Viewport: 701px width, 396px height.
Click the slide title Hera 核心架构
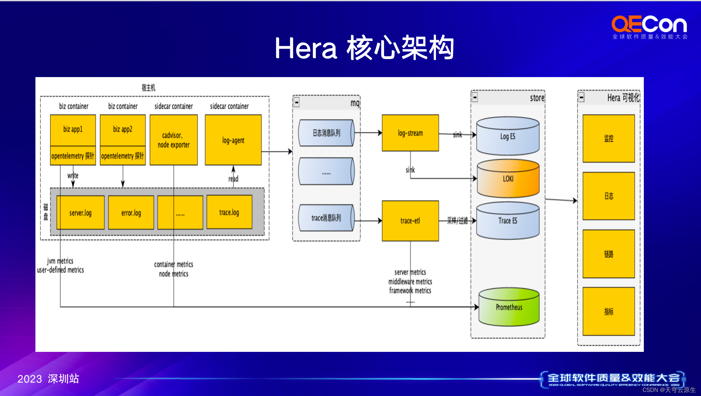coord(364,48)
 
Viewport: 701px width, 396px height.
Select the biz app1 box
coord(73,130)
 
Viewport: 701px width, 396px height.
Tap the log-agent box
coord(233,140)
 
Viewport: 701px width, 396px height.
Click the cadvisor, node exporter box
coord(174,140)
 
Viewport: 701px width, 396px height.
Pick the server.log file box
coord(80,213)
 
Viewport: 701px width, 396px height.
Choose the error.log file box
coord(131,213)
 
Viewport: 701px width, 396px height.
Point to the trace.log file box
coord(229,212)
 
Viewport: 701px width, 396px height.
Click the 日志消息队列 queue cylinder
coord(326,133)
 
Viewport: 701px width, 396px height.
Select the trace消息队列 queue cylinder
coord(326,218)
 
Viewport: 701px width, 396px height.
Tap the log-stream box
coord(410,133)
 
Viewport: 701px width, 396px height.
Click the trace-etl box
coord(410,221)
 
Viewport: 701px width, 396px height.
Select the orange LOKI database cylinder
coord(508,179)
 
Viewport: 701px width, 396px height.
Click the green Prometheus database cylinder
coord(509,307)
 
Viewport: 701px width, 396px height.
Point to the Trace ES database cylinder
coord(508,221)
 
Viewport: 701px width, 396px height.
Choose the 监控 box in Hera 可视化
coord(609,139)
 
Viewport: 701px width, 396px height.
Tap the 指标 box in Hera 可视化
coord(609,311)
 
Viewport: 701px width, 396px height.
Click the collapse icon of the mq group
coord(297,102)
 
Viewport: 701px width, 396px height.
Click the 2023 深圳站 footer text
coord(48,379)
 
